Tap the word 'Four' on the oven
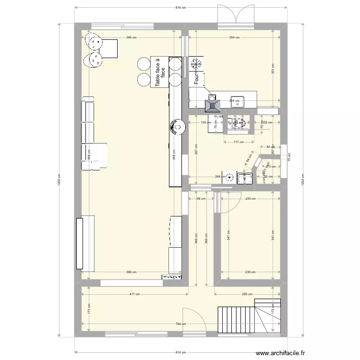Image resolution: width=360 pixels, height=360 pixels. (196, 78)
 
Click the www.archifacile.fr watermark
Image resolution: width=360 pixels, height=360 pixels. (280, 353)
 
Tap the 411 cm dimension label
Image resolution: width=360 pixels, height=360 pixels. (134, 294)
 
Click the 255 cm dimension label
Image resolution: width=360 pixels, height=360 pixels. (248, 294)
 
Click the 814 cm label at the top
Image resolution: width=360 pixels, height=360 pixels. (180, 8)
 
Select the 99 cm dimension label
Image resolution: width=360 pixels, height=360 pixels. (201, 199)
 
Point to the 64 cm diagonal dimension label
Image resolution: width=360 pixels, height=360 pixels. (248, 157)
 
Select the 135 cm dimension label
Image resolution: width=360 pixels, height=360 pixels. (204, 122)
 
